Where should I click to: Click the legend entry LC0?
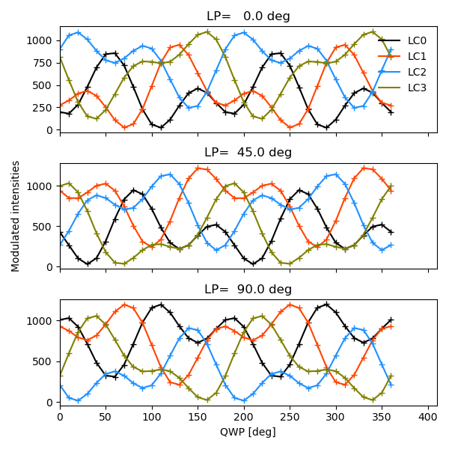point(417,40)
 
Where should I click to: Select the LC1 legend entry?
point(417,56)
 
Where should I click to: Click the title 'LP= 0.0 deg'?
point(248,16)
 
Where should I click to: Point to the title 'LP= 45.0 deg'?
point(248,153)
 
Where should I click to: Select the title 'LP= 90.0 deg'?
point(248,289)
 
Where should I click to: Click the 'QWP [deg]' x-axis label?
point(248,432)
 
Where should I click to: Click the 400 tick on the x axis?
point(428,416)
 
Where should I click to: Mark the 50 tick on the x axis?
point(106,416)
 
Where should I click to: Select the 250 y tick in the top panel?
point(44,108)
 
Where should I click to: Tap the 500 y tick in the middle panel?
point(44,227)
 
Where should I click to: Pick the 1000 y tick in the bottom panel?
point(41,321)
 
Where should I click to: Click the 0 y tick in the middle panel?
point(51,267)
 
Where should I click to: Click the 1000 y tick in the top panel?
point(41,40)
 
